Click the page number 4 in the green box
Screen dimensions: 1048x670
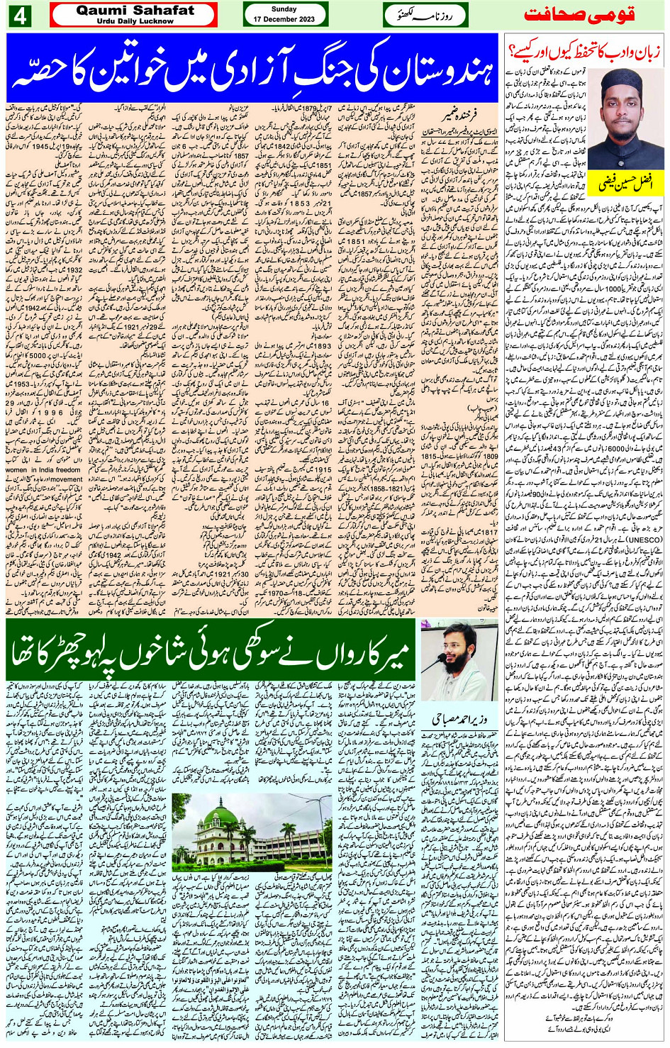click(x=18, y=16)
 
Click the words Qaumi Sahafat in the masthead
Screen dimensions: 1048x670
click(x=135, y=11)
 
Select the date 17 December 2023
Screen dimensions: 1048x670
click(x=284, y=20)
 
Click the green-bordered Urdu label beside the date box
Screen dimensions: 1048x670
click(x=424, y=15)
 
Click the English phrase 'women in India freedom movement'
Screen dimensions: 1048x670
click(x=43, y=474)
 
